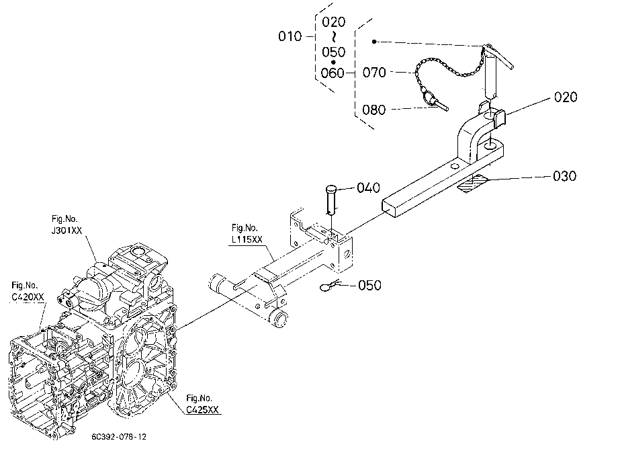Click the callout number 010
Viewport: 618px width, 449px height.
[290, 36]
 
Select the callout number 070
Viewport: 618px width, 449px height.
[374, 73]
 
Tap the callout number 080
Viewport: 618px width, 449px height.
[373, 110]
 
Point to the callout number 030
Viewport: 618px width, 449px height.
[564, 176]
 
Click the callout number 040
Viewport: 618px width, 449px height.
[369, 188]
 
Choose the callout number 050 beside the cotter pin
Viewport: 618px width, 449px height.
[369, 285]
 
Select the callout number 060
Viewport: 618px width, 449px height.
[333, 73]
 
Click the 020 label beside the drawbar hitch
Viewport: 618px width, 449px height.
[566, 97]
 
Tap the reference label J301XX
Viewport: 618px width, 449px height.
[67, 231]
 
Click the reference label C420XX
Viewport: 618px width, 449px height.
[28, 297]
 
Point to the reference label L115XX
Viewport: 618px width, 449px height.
[247, 240]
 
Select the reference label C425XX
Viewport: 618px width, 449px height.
[202, 410]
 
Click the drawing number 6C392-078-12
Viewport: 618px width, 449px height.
[119, 437]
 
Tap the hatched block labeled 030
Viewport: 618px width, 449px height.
[472, 184]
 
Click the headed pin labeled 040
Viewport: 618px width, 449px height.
[331, 199]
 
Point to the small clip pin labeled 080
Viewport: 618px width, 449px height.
[435, 101]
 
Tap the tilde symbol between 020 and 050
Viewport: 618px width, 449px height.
[334, 37]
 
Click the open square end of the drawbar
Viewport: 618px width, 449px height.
[390, 208]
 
